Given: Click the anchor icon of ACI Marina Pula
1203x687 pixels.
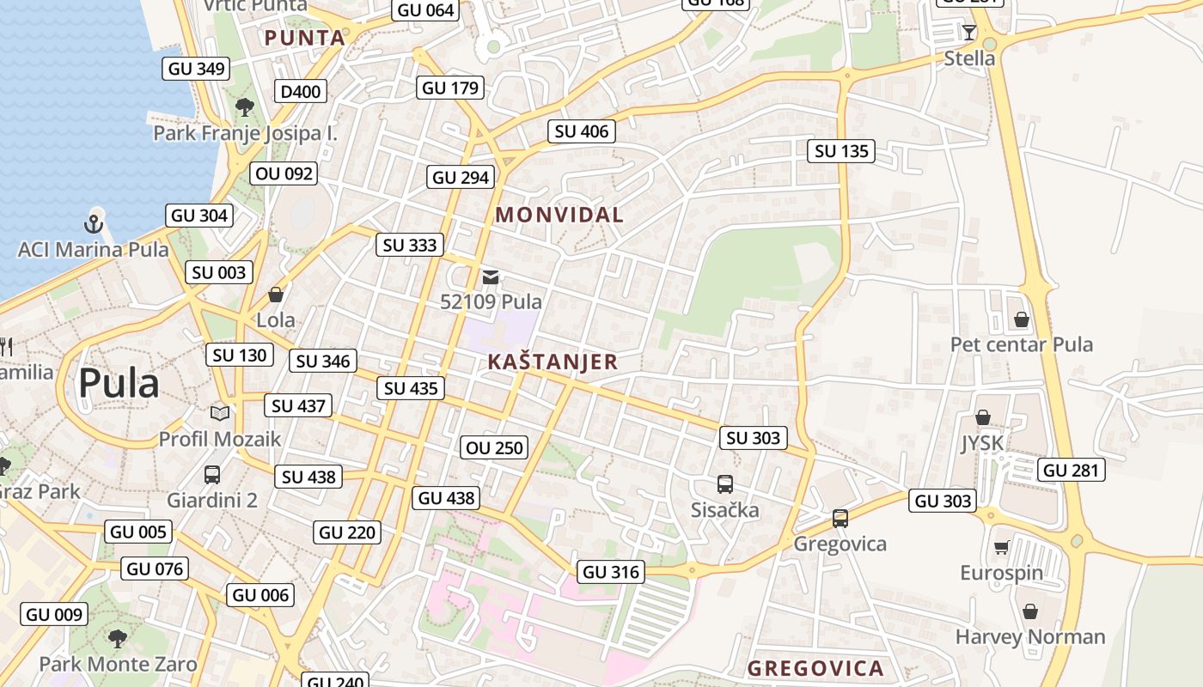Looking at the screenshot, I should point(93,224).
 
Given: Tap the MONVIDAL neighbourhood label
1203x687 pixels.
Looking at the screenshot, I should point(559,215).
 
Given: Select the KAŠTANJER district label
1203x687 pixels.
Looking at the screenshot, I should point(553,362).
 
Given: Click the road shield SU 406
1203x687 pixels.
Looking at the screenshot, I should point(582,131).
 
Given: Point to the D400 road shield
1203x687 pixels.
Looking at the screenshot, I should point(300,92).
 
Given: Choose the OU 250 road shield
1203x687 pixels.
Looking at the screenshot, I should point(494,447).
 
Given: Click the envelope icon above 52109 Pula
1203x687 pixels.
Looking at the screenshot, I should point(491,277).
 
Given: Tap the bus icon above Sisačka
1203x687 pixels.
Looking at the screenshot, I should point(725,484).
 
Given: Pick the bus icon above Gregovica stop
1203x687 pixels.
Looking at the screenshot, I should point(840,519).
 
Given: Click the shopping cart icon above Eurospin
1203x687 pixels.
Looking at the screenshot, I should point(1002,548).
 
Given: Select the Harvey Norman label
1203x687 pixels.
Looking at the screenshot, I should point(1030,636).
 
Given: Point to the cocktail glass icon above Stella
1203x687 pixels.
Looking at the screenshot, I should point(969,33).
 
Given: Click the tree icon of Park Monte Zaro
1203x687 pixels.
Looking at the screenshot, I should point(118,638).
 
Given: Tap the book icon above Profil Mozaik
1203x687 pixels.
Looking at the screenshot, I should point(220,414).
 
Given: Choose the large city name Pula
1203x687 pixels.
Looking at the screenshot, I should point(119,383).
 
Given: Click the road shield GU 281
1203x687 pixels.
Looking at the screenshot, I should point(1071,470).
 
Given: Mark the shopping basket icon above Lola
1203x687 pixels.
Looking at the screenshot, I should point(276,295).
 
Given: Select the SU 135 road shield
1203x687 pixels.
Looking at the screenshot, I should point(841,151).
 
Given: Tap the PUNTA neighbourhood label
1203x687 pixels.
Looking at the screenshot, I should point(305,38).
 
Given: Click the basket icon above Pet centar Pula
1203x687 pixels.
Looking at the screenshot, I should point(1021,319).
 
